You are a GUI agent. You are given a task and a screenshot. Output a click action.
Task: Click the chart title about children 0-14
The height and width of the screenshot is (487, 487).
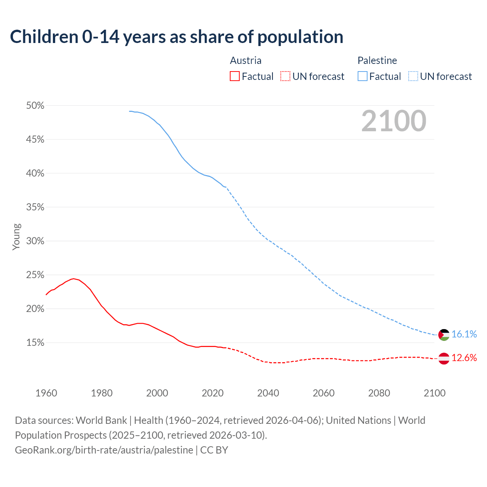(177, 37)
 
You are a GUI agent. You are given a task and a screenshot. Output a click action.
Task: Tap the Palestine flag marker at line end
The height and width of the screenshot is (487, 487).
(444, 335)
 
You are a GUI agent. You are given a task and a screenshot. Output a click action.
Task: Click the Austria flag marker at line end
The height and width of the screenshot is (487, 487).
(444, 358)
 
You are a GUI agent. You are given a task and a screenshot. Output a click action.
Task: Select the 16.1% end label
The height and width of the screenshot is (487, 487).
(464, 334)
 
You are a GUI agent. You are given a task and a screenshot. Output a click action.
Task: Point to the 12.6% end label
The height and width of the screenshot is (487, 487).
(464, 358)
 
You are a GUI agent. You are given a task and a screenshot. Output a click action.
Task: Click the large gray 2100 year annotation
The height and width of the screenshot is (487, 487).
(394, 121)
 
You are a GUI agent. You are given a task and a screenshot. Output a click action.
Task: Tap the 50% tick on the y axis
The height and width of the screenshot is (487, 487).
(35, 106)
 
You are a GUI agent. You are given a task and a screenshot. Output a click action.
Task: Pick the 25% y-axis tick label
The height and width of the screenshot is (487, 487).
(35, 275)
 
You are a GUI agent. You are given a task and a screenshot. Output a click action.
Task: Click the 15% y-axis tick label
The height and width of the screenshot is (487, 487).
(35, 343)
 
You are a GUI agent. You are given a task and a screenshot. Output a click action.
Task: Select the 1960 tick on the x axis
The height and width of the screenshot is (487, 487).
(46, 393)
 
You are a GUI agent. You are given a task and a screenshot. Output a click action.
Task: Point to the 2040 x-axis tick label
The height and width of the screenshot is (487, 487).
(268, 393)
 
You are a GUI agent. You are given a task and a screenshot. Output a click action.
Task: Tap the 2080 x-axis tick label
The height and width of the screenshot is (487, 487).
(379, 393)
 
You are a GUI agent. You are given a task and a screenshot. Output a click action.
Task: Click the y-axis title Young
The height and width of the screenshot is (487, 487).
(16, 237)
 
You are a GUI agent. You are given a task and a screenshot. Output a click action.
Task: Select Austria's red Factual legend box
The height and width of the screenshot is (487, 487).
(235, 76)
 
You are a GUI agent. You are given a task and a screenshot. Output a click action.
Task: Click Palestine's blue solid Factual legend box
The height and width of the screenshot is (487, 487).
(363, 76)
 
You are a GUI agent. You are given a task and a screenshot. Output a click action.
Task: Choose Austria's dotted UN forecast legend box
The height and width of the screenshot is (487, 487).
(285, 76)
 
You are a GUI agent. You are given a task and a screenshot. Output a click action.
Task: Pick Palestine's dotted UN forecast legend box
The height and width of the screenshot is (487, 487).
(413, 76)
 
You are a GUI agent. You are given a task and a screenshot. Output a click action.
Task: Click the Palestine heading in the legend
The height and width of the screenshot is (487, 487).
(377, 60)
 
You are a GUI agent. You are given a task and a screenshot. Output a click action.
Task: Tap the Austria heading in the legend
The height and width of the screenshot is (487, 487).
(246, 60)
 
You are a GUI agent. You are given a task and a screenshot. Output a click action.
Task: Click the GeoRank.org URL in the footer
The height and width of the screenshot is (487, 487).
(104, 450)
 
